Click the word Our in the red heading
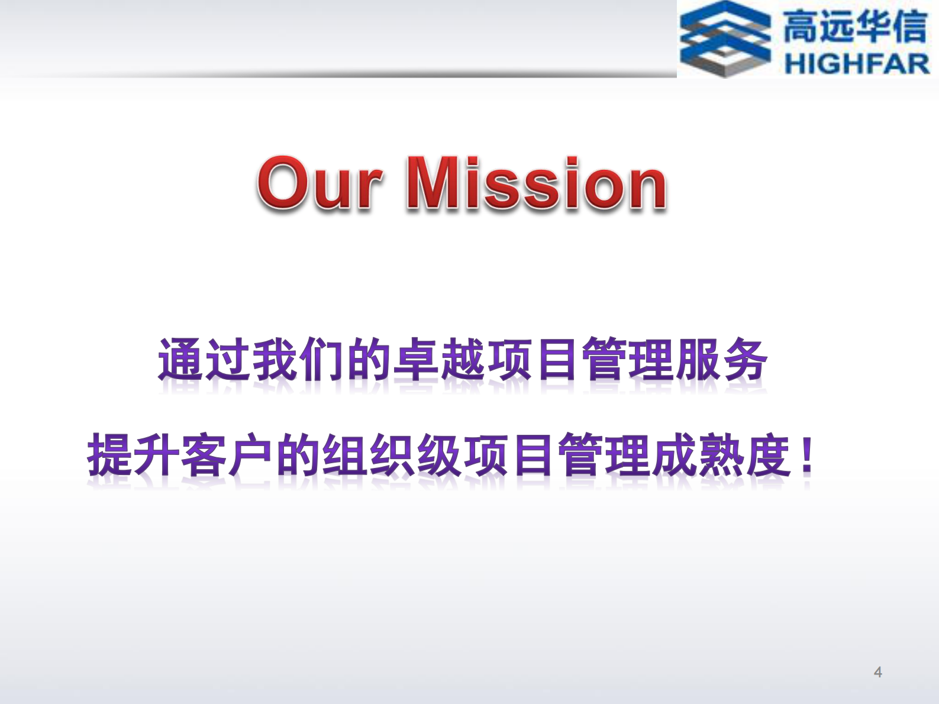320,184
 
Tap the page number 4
877,672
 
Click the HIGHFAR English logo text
856,63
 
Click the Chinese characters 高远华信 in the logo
855,27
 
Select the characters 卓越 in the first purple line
440,359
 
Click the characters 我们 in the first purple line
299,359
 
